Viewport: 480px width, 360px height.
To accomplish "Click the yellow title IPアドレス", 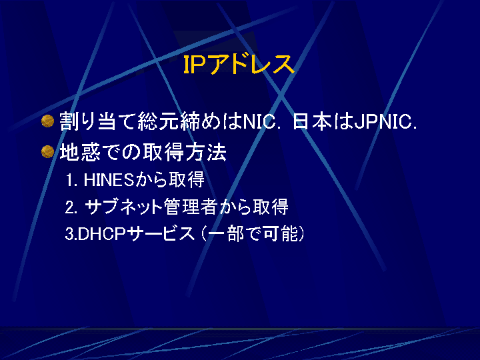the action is click(239, 64).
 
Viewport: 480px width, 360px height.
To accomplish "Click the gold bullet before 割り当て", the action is click(47, 121).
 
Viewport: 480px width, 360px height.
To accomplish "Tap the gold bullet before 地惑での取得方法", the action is click(47, 151).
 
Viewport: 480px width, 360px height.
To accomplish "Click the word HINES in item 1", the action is click(109, 180).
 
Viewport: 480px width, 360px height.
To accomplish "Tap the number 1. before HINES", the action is click(71, 180).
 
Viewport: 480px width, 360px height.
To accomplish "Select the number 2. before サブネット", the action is click(71, 207).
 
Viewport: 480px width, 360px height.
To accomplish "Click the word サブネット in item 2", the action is click(123, 207).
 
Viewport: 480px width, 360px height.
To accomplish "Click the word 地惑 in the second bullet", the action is click(80, 152).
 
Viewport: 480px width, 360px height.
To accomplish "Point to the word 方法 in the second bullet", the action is click(206, 152).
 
